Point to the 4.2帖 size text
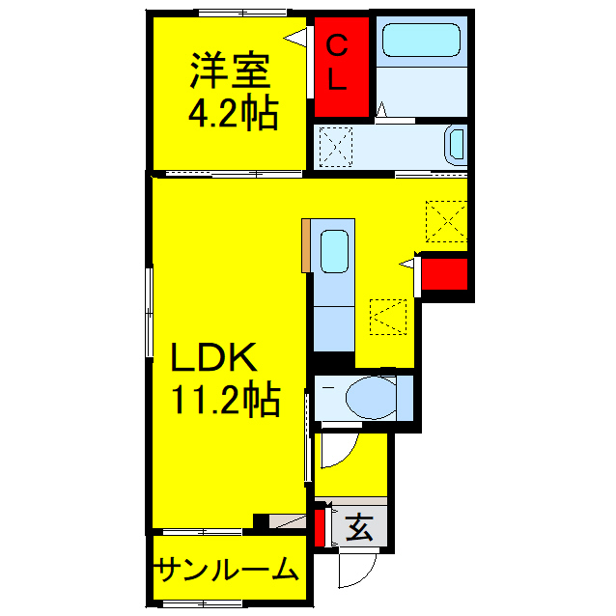click(232, 115)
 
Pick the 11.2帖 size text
click(225, 398)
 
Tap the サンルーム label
click(226, 571)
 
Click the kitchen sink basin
click(334, 253)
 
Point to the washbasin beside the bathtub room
click(455, 146)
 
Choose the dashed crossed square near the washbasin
click(338, 148)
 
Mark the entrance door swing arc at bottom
click(350, 570)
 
